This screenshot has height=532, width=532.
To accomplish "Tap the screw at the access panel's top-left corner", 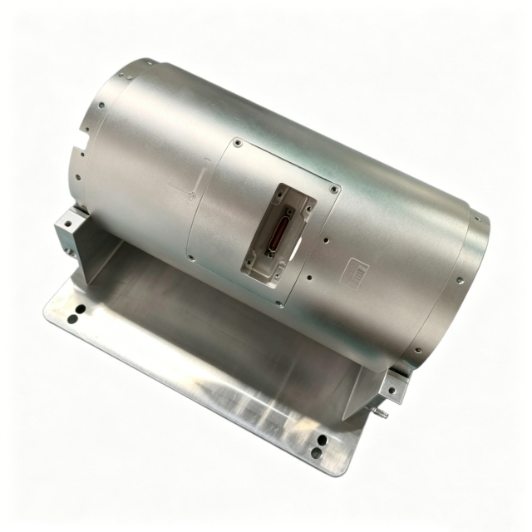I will coord(239,142).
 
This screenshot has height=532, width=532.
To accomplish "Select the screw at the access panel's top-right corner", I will coord(335,190).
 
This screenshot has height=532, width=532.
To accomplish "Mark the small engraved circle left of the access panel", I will coord(192,196).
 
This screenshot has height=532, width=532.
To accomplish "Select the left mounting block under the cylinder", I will coord(70,224).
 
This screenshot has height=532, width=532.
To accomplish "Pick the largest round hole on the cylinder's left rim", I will coord(100,106).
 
